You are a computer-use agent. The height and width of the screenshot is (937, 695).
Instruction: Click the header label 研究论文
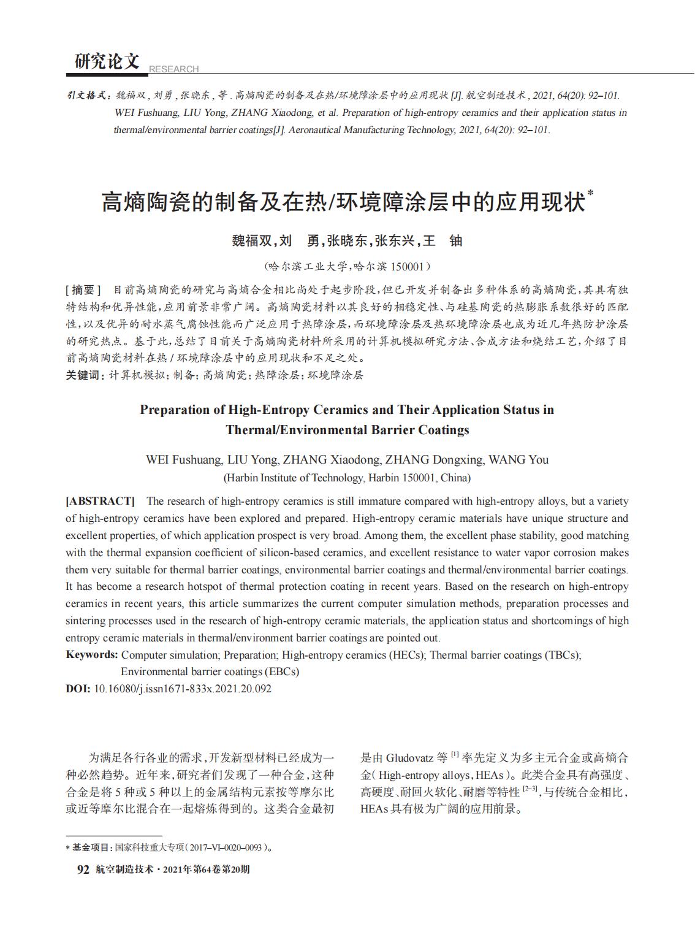107,61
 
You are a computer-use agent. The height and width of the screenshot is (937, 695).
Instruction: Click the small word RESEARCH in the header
173,69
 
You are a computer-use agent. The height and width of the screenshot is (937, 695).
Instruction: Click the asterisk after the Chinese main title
591,193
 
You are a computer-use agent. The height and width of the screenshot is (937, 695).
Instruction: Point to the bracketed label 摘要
83,289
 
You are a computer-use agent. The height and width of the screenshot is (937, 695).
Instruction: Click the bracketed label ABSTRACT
100,501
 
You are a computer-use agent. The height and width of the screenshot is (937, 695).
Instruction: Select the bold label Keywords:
92,654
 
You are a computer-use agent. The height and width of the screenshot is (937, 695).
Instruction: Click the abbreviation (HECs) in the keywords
407,655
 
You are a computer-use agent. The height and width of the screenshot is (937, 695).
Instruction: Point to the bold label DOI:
78,689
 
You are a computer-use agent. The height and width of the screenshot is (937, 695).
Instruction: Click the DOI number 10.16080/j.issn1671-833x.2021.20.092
182,689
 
